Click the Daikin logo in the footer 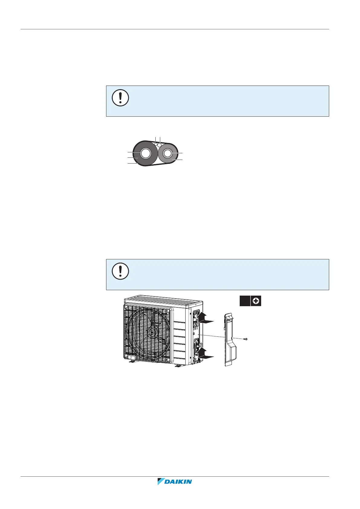[x=174, y=481]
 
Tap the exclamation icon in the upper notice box [x=120, y=98]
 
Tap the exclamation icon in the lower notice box [x=120, y=271]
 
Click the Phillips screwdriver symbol [x=256, y=301]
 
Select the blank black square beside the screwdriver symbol [x=245, y=301]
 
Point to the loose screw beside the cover [x=245, y=339]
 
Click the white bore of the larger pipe [x=145, y=154]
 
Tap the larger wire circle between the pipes [x=160, y=145]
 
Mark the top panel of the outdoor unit [x=164, y=300]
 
